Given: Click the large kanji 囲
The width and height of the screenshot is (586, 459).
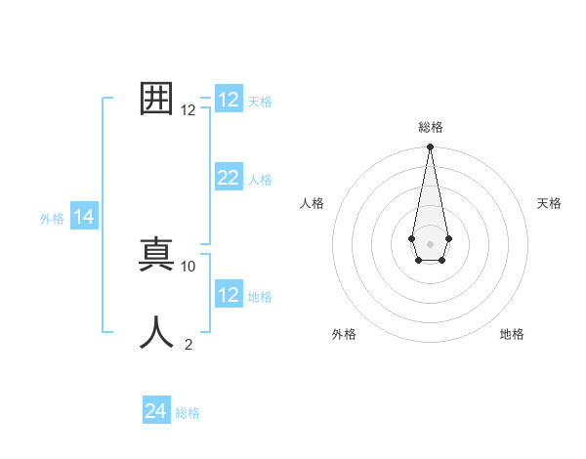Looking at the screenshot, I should point(157,99).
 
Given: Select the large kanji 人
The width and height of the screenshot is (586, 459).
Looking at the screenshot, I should point(157,332).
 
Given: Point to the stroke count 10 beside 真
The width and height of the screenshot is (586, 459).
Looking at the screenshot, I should point(188,266).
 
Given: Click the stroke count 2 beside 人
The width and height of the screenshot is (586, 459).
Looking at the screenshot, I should point(188,344).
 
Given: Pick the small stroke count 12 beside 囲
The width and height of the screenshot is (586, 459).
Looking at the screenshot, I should point(188,110).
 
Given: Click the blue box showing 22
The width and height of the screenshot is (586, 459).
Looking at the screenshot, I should point(228,178).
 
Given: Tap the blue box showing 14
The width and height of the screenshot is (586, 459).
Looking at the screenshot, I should point(83,218).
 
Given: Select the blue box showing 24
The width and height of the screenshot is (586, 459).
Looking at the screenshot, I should point(155,411).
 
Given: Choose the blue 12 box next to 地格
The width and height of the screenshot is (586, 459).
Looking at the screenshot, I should point(228,295).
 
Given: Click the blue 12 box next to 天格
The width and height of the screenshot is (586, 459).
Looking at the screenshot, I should point(228,100).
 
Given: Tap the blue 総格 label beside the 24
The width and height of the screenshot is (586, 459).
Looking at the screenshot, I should point(188,413).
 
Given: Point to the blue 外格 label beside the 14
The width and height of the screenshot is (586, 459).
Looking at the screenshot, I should point(52,220).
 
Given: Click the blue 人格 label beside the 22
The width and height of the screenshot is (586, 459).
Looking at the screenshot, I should point(260,180).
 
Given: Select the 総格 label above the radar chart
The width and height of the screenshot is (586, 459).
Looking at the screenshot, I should point(430,127).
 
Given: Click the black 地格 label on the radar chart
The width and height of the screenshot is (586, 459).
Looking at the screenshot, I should point(512,334).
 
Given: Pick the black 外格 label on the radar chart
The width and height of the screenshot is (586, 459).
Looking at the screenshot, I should point(344,334).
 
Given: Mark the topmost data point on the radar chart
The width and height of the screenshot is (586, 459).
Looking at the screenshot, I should point(430,147).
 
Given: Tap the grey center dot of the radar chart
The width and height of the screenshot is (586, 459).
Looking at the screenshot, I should point(430,243).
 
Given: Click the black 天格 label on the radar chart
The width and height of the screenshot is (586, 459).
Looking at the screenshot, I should point(549,203).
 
